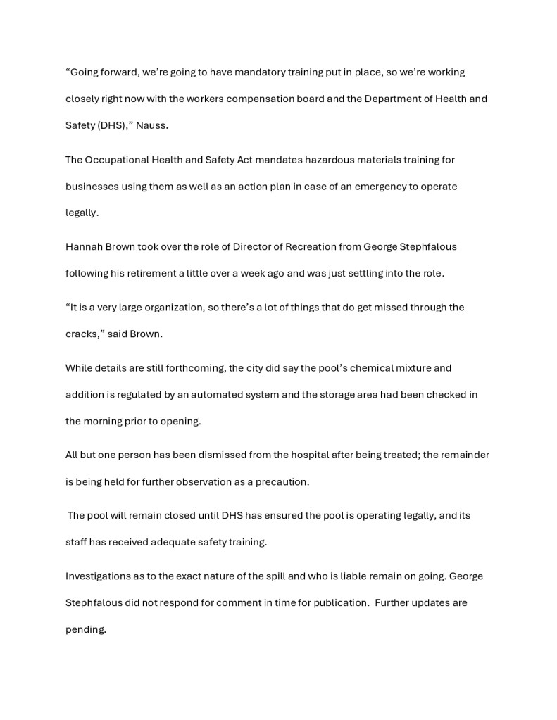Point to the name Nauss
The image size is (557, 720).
(x=152, y=126)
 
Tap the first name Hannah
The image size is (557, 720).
(x=85, y=247)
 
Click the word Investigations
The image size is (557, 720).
(x=99, y=576)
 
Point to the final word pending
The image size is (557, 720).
(x=85, y=630)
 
